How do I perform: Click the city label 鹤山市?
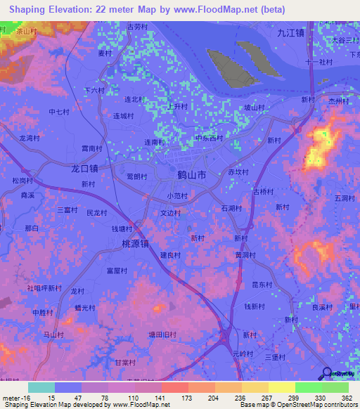coord(192,174)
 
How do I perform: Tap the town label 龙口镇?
coord(84,169)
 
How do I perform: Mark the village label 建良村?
coord(170,254)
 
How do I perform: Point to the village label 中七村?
coord(59,112)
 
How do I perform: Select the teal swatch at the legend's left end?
coord(41,387)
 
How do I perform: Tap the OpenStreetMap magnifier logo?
coord(326,374)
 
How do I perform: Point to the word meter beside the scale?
coord(10,397)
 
